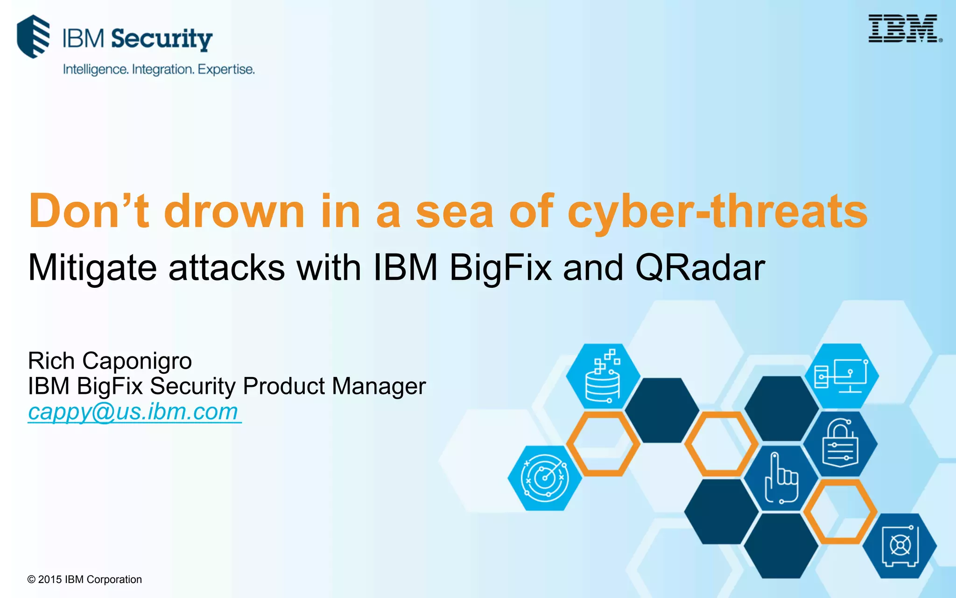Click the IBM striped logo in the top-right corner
tap(903, 28)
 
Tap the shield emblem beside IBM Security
tap(33, 36)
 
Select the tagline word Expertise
tap(226, 70)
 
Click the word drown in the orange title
tap(234, 211)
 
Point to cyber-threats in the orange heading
tap(717, 211)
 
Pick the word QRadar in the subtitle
tap(700, 268)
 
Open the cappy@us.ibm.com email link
tap(134, 412)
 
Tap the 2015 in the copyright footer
tap(50, 580)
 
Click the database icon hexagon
tap(603, 376)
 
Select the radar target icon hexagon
tap(545, 478)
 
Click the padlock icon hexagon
tap(840, 443)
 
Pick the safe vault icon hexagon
tap(900, 546)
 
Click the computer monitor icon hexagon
tap(841, 376)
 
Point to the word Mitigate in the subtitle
tap(92, 268)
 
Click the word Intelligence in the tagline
tap(95, 70)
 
